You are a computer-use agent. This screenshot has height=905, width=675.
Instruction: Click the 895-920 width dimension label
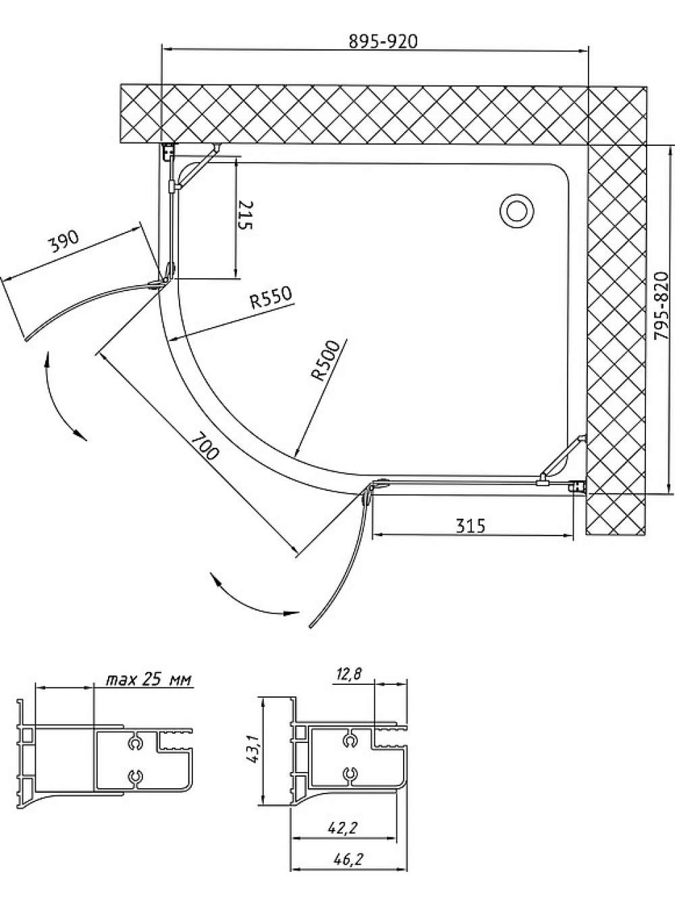click(383, 42)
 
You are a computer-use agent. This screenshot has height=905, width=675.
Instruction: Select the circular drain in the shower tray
click(517, 212)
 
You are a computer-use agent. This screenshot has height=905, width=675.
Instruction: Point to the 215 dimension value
click(245, 215)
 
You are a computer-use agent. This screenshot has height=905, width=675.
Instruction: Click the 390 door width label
click(63, 242)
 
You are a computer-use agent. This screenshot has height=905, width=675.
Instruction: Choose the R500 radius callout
click(326, 361)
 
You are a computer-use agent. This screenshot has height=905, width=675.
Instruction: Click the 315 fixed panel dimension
click(470, 525)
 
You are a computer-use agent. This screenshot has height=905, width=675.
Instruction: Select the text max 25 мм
click(149, 679)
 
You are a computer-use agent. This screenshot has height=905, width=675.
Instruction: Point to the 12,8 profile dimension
click(348, 674)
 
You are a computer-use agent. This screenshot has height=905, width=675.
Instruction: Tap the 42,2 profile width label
click(344, 815)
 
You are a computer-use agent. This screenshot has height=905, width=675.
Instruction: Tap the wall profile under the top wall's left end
click(167, 153)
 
